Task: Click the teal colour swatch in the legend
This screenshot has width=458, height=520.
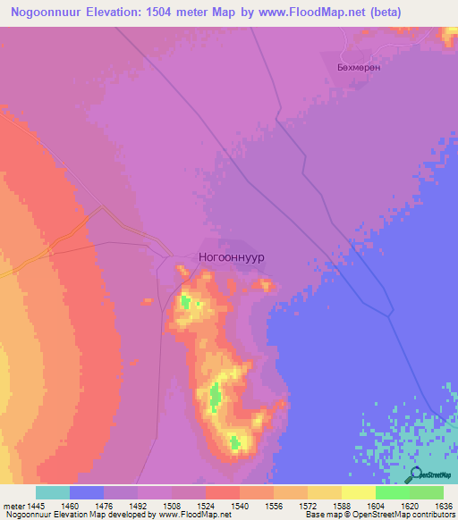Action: pyautogui.click(x=52, y=492)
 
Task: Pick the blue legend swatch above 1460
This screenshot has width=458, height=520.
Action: pyautogui.click(x=86, y=492)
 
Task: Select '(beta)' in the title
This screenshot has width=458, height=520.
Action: pyautogui.click(x=388, y=13)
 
